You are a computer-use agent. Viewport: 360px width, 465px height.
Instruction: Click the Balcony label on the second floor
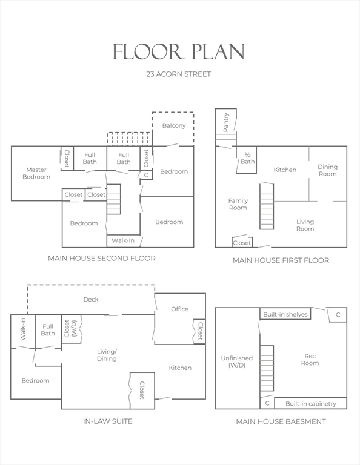(174, 125)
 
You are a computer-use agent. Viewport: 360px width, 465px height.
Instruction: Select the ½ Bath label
(247, 159)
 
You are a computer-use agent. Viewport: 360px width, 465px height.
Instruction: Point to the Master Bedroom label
(36, 173)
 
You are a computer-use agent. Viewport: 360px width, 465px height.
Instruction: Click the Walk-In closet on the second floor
(123, 241)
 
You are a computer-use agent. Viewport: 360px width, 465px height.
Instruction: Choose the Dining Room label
(328, 170)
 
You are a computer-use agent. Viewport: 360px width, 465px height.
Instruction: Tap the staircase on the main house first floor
(267, 206)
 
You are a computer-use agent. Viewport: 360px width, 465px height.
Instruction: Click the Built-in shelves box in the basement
(285, 314)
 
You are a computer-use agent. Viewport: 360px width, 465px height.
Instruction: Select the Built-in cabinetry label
(311, 404)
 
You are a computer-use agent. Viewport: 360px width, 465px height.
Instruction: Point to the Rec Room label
(310, 360)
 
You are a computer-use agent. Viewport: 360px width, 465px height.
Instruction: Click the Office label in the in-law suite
(179, 309)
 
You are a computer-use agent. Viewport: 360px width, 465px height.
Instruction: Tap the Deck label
(91, 300)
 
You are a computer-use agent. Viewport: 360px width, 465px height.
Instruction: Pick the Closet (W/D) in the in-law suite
(72, 329)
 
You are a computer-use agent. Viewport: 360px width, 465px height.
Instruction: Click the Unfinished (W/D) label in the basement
(237, 361)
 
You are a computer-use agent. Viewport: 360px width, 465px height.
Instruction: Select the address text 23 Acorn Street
(179, 74)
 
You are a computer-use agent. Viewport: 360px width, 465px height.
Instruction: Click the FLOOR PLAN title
(179, 51)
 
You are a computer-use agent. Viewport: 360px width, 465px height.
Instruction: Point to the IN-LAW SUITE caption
(108, 421)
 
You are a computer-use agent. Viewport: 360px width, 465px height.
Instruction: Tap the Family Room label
(238, 204)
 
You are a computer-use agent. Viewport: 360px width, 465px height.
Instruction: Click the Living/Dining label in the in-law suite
(107, 355)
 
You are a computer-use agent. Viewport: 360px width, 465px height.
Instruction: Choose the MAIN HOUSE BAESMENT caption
(281, 421)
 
